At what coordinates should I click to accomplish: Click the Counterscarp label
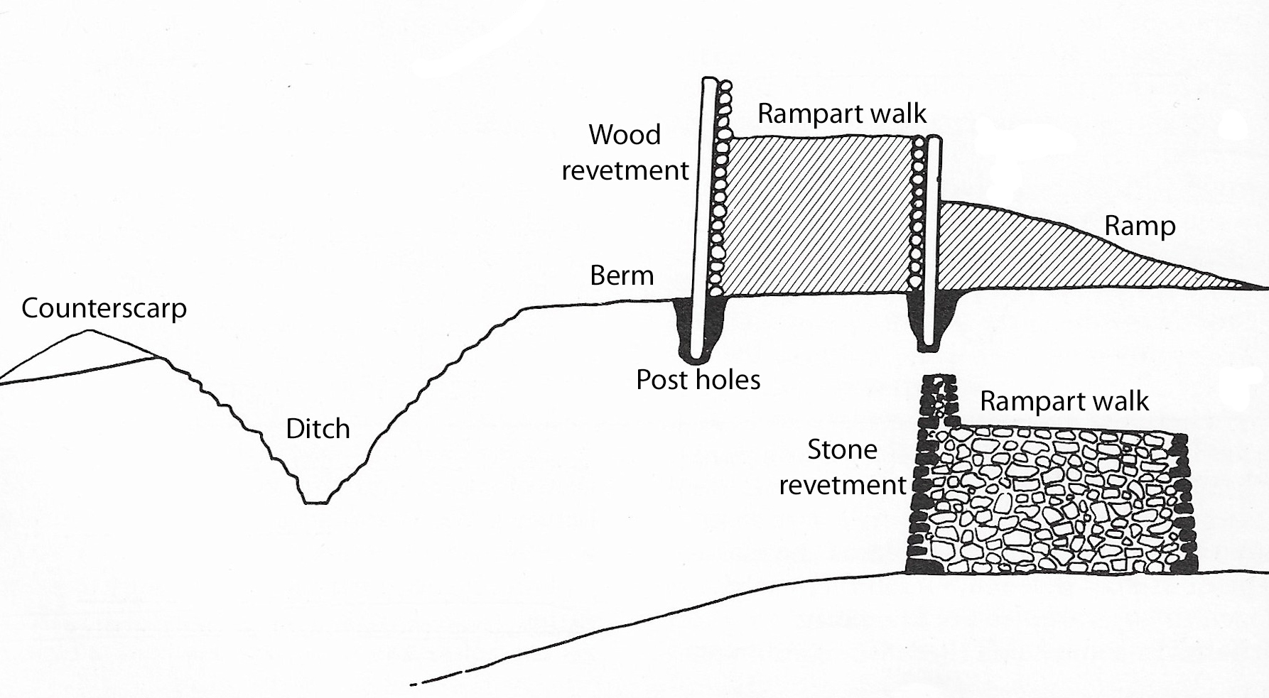click(x=104, y=309)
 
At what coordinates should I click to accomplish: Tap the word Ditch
click(x=318, y=429)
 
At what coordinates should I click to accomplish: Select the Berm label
click(x=622, y=276)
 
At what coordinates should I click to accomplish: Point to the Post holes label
click(x=698, y=380)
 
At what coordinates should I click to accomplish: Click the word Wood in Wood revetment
click(x=625, y=134)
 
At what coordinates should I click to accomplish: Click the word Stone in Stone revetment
click(x=842, y=449)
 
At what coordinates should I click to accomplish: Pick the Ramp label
click(x=1140, y=227)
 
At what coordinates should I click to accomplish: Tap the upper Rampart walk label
click(x=842, y=114)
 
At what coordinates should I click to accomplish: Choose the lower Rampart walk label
click(x=1064, y=402)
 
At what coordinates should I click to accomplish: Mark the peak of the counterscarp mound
click(x=87, y=331)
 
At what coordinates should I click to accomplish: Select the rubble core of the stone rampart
click(x=1052, y=501)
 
